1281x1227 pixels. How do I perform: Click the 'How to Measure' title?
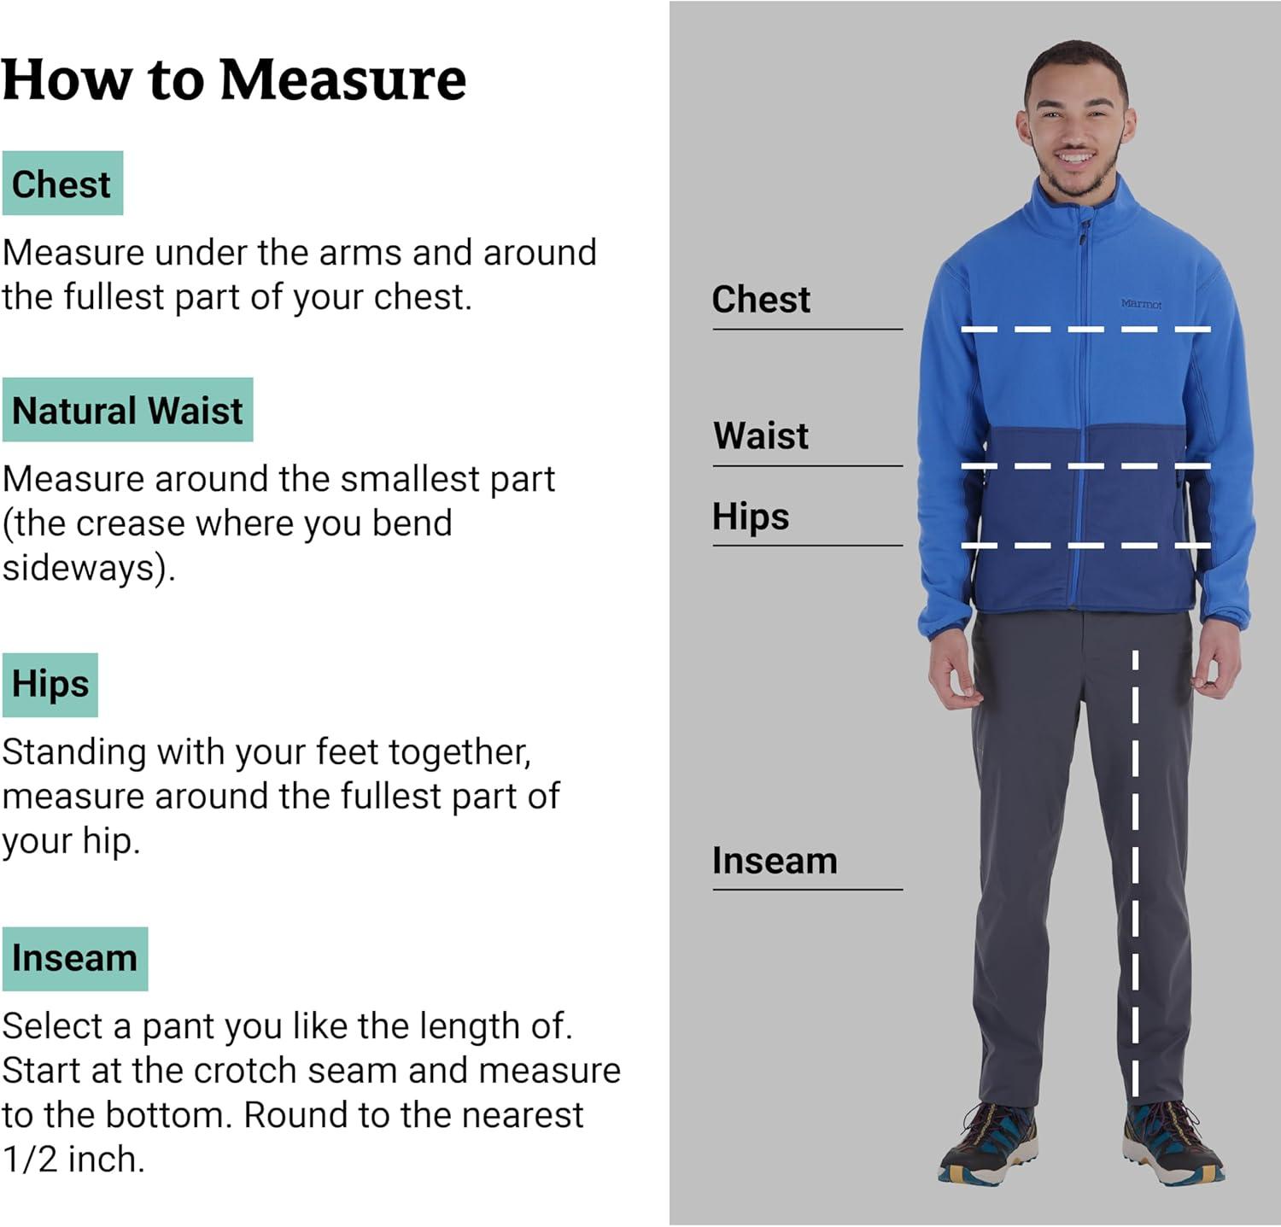(x=234, y=80)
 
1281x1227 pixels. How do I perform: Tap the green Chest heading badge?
(x=62, y=184)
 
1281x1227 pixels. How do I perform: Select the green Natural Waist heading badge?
(x=127, y=410)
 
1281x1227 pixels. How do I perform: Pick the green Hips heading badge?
(x=50, y=685)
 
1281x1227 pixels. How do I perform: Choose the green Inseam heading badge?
(x=75, y=959)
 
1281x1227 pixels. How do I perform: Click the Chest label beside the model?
(x=761, y=300)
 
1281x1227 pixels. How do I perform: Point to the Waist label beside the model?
(x=761, y=436)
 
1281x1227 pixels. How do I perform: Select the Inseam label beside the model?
(x=775, y=861)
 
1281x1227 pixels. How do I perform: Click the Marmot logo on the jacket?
(x=1141, y=304)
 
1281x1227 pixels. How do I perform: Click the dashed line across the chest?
(x=1085, y=329)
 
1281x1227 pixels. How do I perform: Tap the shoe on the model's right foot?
(x=988, y=1142)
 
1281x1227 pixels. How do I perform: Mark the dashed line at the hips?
(x=1085, y=545)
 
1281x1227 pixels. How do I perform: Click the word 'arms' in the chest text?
(x=360, y=254)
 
